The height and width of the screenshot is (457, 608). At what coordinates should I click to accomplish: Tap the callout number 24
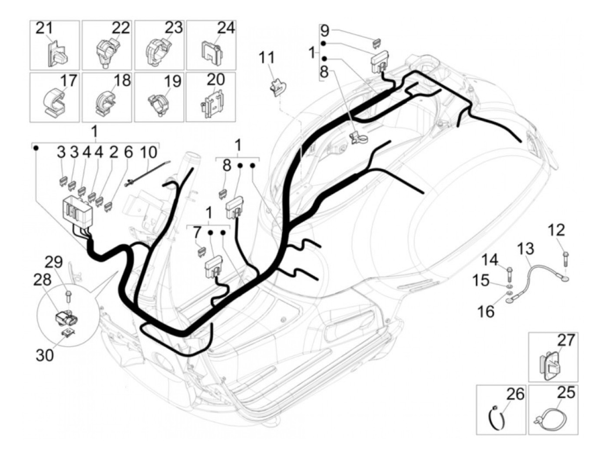[225, 28]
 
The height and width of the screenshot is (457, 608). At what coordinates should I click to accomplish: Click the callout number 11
[267, 57]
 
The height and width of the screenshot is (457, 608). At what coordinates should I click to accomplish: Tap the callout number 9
[325, 31]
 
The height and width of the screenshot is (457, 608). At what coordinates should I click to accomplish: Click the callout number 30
[44, 355]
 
